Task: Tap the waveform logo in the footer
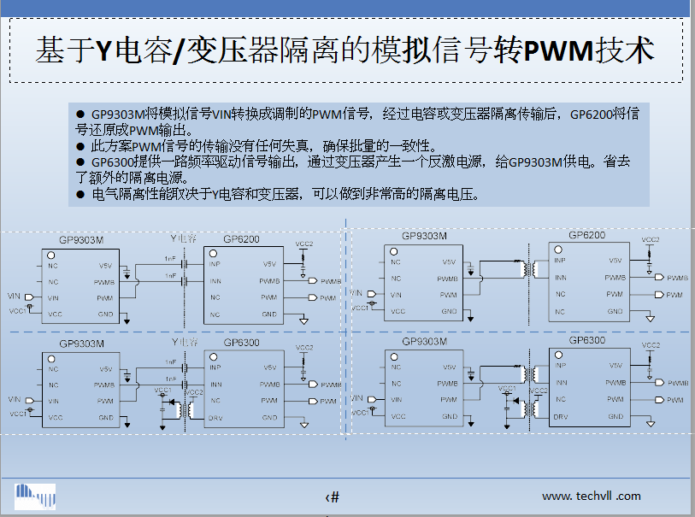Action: tap(35, 496)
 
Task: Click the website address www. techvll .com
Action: tap(591, 496)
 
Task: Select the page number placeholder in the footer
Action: tap(333, 497)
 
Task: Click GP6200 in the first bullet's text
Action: tap(590, 114)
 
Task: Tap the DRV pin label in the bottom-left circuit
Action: tap(215, 418)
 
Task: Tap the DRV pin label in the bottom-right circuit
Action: tap(561, 417)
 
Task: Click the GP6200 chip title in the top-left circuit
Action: tap(241, 239)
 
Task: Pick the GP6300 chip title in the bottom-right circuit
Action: tap(586, 340)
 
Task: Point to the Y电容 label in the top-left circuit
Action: tap(185, 238)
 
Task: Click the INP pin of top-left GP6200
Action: tap(215, 263)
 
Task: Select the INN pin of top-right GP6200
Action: tap(561, 277)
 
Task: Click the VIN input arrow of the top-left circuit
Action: tap(31, 297)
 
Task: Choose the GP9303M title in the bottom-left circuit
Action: tap(82, 344)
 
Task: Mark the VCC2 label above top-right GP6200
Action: tap(651, 240)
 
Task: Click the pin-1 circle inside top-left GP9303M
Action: tap(51, 256)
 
